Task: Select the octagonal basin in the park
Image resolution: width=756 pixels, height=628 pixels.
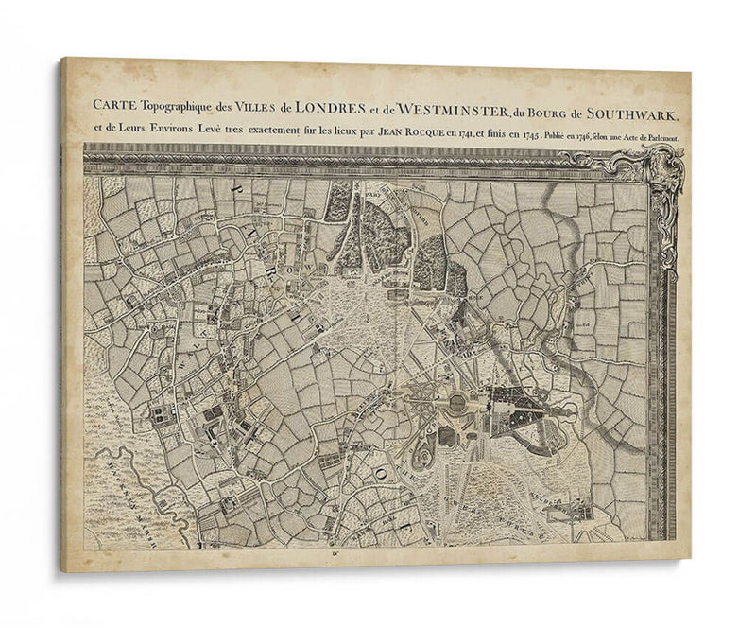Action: click(x=456, y=404)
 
